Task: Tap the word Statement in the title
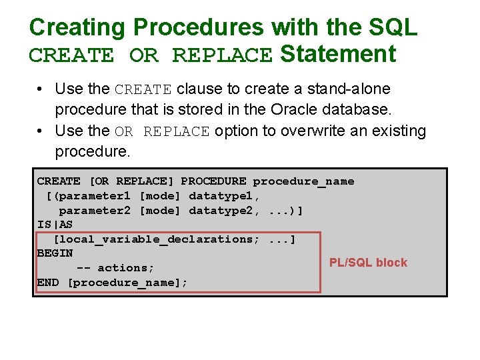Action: point(338,53)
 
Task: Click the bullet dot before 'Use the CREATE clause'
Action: point(41,89)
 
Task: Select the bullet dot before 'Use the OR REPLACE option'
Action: point(41,131)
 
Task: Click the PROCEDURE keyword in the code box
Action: point(213,181)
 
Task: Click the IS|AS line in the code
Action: point(55,225)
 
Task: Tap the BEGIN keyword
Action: point(55,253)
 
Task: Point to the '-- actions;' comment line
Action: point(115,268)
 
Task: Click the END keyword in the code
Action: point(48,283)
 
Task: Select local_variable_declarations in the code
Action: point(157,239)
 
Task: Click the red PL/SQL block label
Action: point(368,263)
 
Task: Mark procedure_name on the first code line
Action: point(303,181)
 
